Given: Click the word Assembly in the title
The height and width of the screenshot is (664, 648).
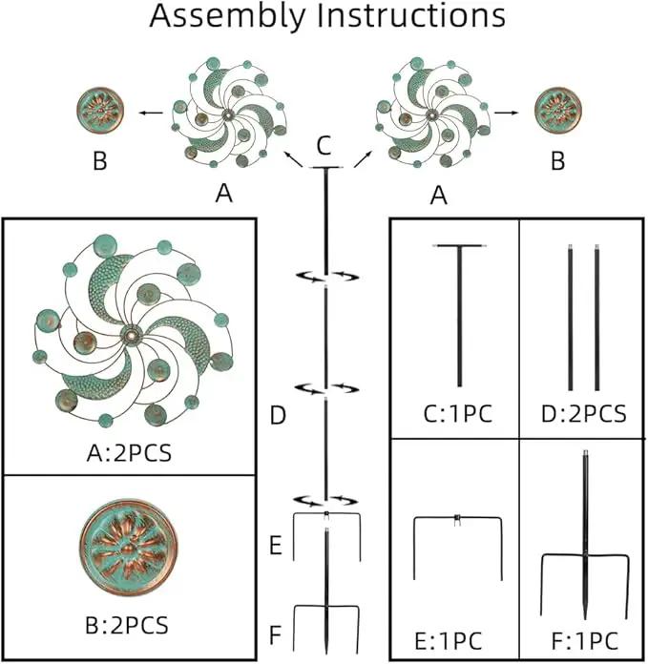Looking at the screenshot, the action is coord(227,17).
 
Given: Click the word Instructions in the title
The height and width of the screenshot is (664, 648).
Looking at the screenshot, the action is coord(411,15).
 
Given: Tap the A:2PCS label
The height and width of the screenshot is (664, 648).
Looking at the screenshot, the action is coord(129,453).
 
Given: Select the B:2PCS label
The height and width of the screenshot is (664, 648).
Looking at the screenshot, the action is coord(127,626).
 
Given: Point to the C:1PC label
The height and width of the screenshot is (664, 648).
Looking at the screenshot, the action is coord(458,414).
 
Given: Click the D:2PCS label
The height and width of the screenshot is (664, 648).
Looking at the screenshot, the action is coord(584,414).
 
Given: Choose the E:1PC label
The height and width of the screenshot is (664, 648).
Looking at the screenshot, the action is coord(449,641).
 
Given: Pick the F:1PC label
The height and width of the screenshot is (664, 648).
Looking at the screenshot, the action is coord(585,641).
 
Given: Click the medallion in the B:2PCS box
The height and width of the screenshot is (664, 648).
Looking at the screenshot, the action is coord(128,547).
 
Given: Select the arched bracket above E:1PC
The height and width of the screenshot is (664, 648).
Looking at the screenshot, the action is coord(457,517).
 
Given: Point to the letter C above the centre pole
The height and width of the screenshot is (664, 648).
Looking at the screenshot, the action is coord(324,146).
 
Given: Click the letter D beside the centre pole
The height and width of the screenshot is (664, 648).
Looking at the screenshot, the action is coord(278,415).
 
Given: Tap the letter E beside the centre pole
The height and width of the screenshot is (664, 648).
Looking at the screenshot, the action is coord(276,545).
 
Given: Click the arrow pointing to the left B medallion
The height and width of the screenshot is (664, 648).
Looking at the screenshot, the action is coord(151,113).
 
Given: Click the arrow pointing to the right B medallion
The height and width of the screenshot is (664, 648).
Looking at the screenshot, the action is coord(506,113).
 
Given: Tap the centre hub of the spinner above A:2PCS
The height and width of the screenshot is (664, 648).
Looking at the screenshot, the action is coord(131,336).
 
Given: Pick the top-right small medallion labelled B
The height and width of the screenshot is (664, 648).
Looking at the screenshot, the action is coord(557,110).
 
